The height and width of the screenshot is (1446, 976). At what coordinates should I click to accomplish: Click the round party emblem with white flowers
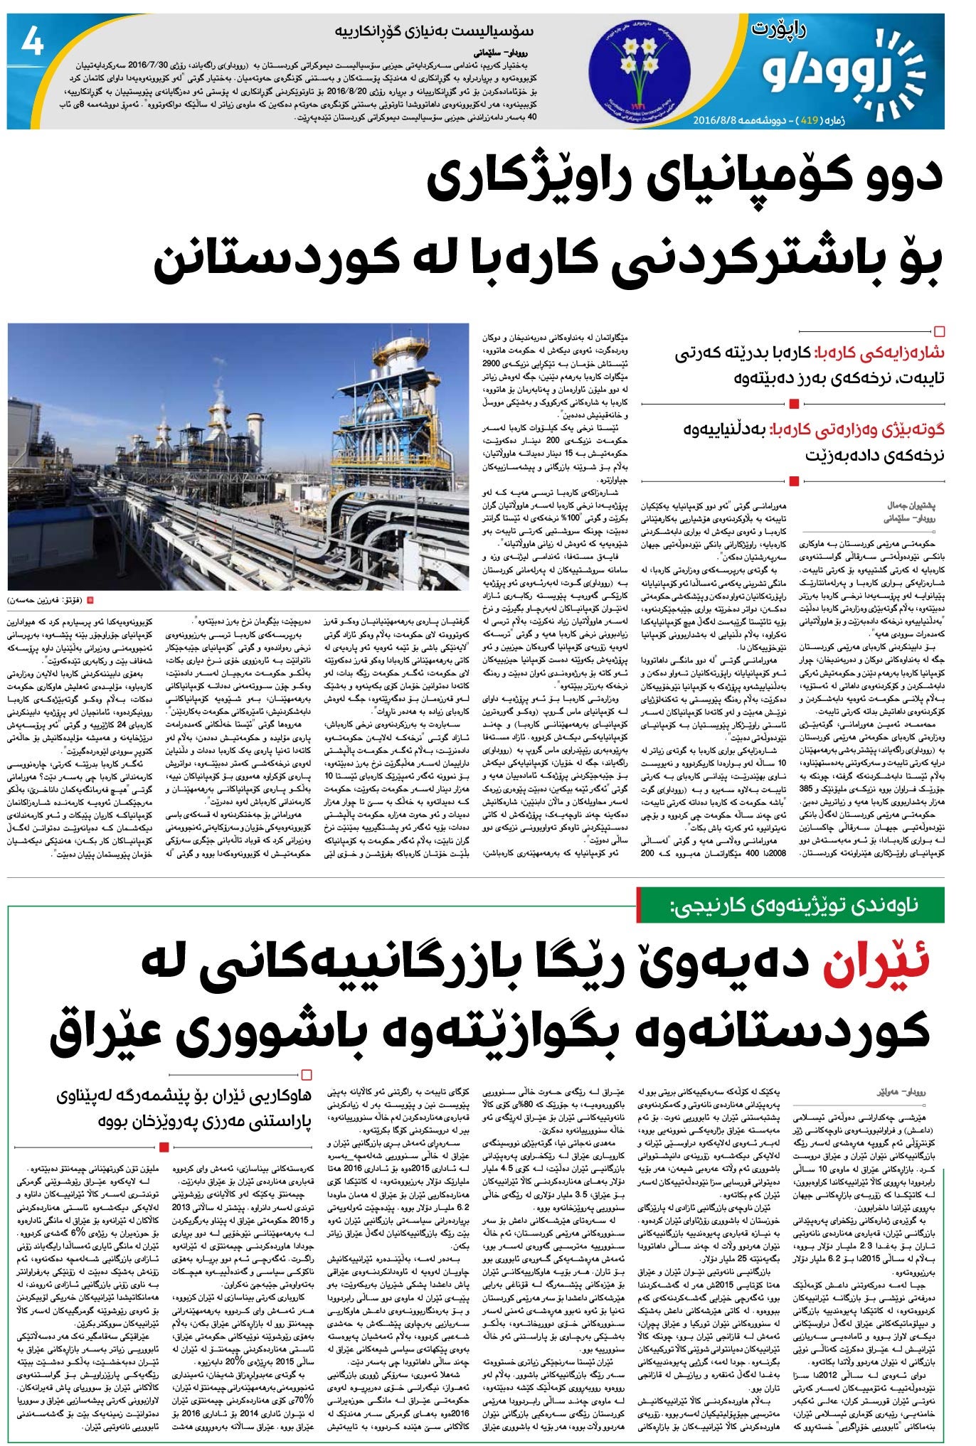coord(637,71)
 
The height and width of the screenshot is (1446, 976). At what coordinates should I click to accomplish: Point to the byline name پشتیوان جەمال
coord(911,505)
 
